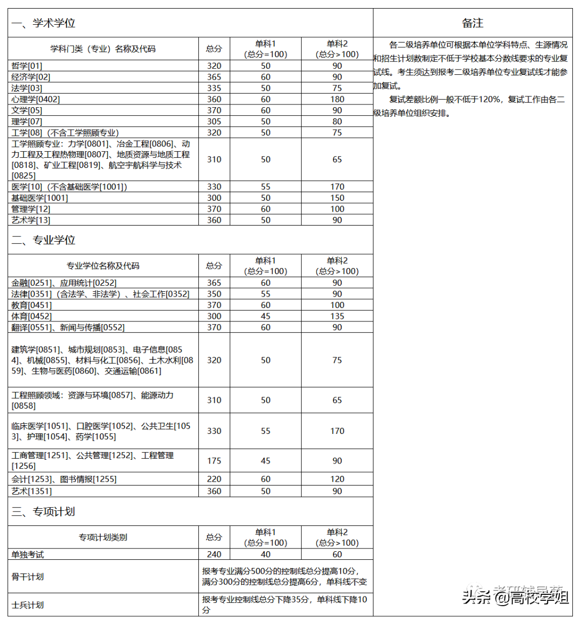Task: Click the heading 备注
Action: (473, 23)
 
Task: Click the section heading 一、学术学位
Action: (43, 23)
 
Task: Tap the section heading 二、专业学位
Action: (43, 240)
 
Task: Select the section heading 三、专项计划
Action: (43, 511)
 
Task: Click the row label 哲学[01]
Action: (26, 66)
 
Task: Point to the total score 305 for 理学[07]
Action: (214, 122)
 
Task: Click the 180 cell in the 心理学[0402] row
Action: (337, 99)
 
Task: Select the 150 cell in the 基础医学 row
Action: (337, 198)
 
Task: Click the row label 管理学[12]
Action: (31, 209)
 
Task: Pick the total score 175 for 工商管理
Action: (214, 461)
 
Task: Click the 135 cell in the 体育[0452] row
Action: (337, 316)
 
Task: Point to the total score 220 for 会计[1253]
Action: (214, 479)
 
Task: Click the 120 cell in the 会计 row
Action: (337, 479)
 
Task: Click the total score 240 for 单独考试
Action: (214, 554)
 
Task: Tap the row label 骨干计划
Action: (27, 577)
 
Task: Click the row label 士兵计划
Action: (27, 605)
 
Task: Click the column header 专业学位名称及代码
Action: (103, 265)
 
